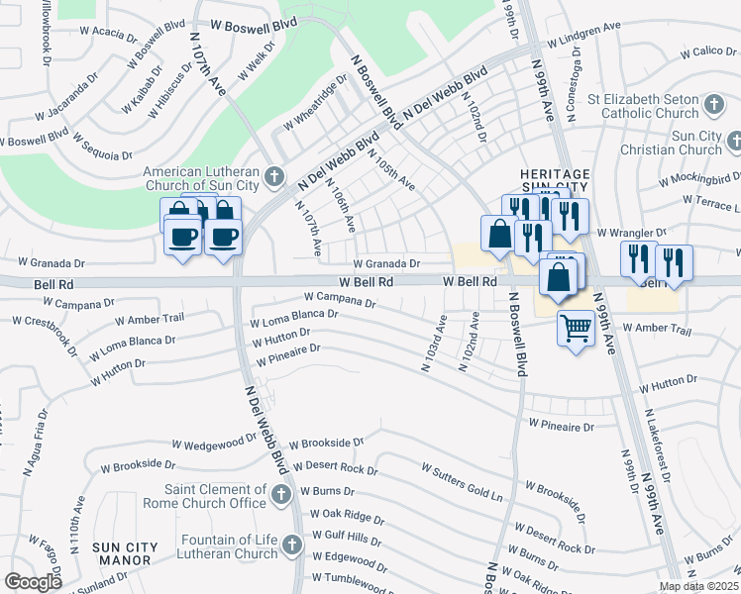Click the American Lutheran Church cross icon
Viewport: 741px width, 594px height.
pos(276,177)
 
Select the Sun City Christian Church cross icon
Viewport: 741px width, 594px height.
pos(734,143)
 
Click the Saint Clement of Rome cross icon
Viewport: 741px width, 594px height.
pos(280,493)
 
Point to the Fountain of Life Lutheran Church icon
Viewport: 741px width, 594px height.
pos(291,545)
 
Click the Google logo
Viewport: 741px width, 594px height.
pos(34,582)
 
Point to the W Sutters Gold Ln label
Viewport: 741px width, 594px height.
pos(462,480)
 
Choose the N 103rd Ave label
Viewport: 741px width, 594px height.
pos(433,344)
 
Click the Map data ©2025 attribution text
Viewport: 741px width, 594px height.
pos(698,586)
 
